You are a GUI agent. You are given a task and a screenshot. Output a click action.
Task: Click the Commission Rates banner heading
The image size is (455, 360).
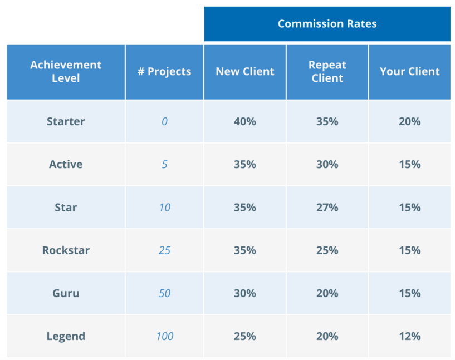coord(327,24)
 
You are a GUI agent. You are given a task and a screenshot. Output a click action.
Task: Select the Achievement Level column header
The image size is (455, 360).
coord(66,72)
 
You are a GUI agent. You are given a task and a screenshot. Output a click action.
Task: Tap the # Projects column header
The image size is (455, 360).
coord(164,72)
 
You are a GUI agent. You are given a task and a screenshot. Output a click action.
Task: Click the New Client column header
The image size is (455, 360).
coord(245,72)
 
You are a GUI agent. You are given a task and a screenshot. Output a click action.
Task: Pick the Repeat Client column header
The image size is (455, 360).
coord(327,72)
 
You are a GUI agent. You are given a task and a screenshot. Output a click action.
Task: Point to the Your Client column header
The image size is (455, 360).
coord(409,72)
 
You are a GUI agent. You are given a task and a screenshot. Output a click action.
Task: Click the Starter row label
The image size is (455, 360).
coord(66,121)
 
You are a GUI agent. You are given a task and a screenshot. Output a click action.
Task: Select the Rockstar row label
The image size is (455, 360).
coord(66,250)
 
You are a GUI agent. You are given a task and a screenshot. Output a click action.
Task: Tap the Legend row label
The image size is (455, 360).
coord(66,336)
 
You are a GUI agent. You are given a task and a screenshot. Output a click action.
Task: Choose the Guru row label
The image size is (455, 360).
coord(66,293)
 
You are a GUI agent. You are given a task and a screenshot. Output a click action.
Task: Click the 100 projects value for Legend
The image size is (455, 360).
coord(164,336)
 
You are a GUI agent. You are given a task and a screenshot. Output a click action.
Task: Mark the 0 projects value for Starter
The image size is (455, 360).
coord(164,121)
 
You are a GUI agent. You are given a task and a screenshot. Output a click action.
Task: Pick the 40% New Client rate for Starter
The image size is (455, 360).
coord(245,121)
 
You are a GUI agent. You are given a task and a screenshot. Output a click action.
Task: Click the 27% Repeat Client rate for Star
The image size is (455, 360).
coord(327,208)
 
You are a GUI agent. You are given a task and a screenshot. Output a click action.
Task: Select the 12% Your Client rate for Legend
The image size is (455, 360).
coord(409,336)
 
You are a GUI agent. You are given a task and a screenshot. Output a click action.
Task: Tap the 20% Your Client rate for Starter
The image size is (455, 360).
coord(409,121)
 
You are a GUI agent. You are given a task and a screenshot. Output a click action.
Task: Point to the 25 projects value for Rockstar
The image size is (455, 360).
coord(164,250)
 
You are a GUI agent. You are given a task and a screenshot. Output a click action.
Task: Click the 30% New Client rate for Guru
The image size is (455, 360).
coord(245,293)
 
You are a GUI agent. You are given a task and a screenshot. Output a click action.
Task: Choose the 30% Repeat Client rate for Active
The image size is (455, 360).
coord(327,165)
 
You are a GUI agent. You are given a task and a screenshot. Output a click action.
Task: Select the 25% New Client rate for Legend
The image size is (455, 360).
coord(245,336)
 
